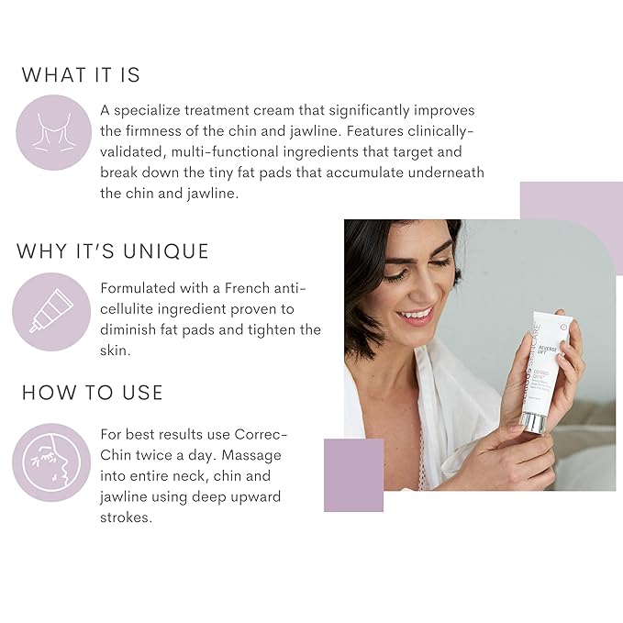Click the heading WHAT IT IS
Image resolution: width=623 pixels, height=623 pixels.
(x=81, y=74)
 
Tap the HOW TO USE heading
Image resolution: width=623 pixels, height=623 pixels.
(x=92, y=393)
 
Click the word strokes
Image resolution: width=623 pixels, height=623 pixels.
(x=127, y=517)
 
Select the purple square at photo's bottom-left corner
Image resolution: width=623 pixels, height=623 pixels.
(x=353, y=474)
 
